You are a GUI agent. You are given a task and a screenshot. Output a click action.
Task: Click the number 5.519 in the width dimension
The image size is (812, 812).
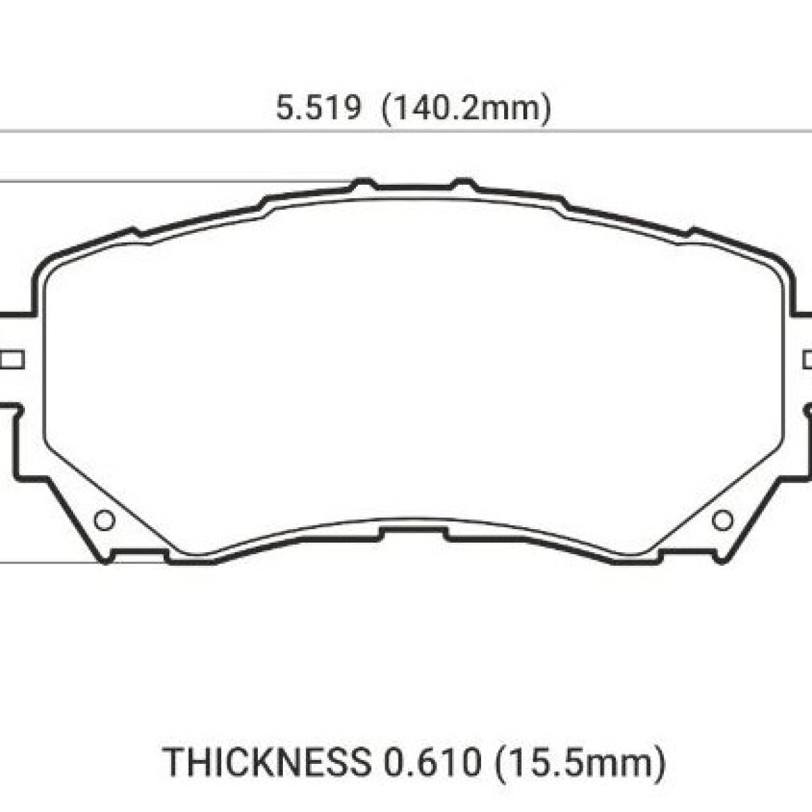319,107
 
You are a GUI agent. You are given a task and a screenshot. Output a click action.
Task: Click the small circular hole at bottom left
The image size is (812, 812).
104,520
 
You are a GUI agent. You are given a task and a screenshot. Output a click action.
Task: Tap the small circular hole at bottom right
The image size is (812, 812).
722,520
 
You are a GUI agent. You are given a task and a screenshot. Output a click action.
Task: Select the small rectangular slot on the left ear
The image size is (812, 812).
12,360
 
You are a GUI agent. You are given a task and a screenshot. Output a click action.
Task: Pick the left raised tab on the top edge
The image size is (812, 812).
363,183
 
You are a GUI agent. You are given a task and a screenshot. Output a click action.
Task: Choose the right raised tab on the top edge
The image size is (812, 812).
464,183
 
